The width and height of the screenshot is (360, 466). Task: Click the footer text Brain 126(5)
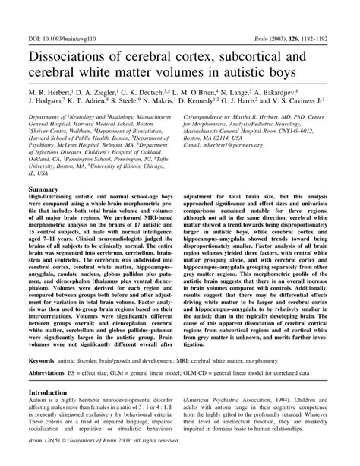pyautogui.click(x=48, y=458)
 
